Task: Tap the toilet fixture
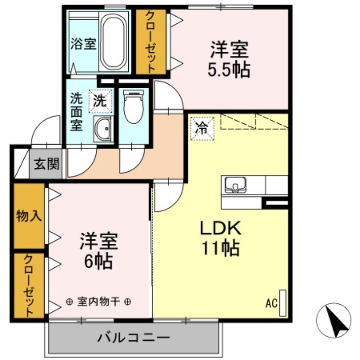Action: (133, 106)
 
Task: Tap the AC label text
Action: (270, 303)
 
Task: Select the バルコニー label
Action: (133, 337)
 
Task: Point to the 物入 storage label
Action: (29, 216)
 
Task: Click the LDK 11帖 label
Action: (220, 237)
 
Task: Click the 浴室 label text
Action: (84, 44)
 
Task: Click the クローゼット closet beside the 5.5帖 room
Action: (151, 42)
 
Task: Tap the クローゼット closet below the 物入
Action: (29, 285)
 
